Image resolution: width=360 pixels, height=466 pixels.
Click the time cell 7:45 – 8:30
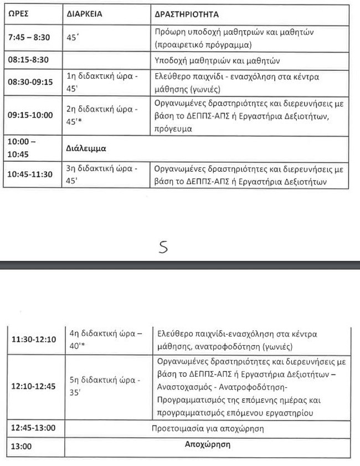(29, 37)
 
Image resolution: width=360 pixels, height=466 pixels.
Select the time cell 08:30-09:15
(29, 81)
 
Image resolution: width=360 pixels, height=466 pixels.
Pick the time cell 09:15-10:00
(29, 115)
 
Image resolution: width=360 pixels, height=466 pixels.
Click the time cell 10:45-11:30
(29, 174)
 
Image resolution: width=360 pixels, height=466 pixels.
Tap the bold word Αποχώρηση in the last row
(208, 445)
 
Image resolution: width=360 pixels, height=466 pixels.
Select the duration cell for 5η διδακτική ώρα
(104, 386)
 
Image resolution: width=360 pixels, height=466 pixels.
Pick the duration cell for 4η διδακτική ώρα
(104, 339)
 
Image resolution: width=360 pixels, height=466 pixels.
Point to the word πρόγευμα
(174, 129)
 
